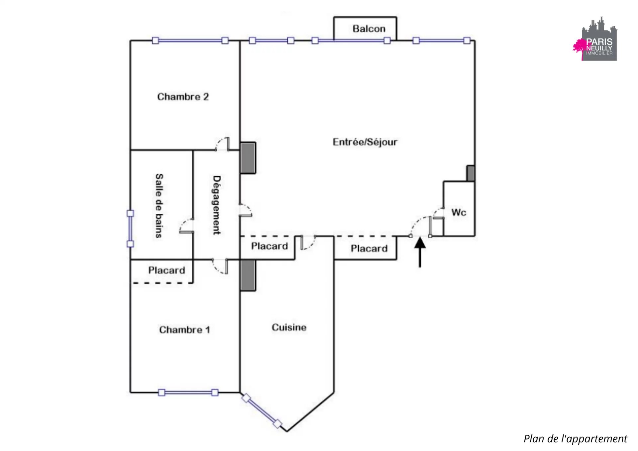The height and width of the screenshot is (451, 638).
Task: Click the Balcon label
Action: click(369, 29)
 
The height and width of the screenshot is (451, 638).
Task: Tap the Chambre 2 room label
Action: click(183, 97)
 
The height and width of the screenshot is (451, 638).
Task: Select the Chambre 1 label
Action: click(184, 330)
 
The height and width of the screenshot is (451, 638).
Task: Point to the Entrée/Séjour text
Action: click(365, 142)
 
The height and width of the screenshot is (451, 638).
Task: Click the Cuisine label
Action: click(289, 327)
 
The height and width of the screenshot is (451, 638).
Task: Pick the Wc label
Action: click(459, 212)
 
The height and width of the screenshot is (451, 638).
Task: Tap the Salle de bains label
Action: click(159, 206)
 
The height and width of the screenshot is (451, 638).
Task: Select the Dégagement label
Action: click(216, 205)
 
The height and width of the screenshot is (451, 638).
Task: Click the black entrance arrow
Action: click(420, 252)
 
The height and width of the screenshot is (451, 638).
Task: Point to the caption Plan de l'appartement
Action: click(575, 439)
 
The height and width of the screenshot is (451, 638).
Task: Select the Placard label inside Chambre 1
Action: click(166, 270)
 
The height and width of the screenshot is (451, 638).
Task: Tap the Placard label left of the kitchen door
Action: click(269, 246)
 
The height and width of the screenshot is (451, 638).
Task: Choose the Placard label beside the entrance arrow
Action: click(369, 248)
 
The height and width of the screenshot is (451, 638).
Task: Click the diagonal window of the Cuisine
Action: click(262, 411)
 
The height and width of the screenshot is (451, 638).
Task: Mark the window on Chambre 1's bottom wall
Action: click(188, 393)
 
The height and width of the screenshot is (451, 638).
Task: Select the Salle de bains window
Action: click(130, 229)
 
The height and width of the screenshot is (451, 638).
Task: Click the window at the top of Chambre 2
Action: click(190, 41)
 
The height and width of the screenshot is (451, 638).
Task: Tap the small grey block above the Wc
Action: click(471, 173)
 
